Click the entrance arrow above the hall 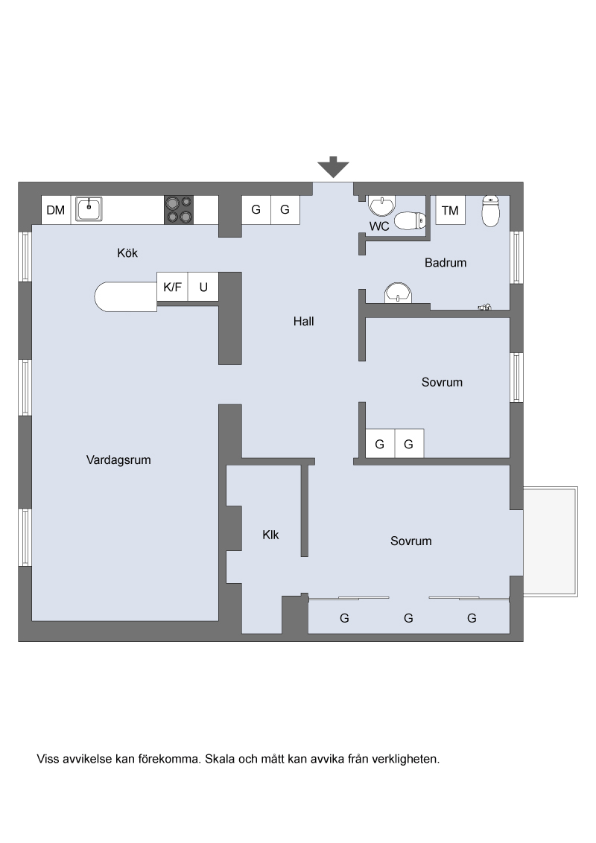click(333, 167)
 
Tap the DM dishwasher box click(56, 210)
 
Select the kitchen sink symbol click(89, 209)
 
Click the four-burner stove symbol click(179, 210)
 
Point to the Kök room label click(127, 252)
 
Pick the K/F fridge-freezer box click(172, 287)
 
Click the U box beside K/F click(203, 287)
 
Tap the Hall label click(303, 321)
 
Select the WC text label click(379, 226)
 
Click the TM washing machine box click(450, 210)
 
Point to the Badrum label click(446, 262)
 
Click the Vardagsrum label click(118, 459)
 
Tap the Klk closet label click(270, 535)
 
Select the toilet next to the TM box click(490, 211)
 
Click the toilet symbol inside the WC click(410, 220)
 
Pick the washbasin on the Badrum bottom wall click(398, 293)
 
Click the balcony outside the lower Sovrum click(551, 541)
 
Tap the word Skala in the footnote click(220, 759)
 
